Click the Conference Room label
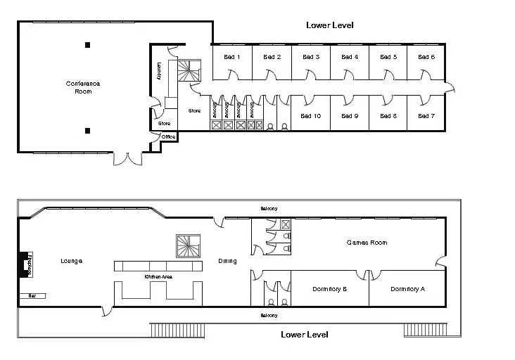(83, 87)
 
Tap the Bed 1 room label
(231, 57)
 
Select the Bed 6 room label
(426, 57)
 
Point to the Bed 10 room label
(310, 116)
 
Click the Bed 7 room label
(426, 116)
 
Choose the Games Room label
(367, 243)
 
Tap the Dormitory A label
(407, 289)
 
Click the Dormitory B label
(329, 289)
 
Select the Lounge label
(72, 261)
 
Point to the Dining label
(227, 261)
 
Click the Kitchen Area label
(158, 277)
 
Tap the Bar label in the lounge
(31, 296)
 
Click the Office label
(168, 136)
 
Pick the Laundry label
(159, 71)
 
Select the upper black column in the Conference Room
(88, 45)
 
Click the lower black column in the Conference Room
(88, 130)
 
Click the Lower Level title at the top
(329, 25)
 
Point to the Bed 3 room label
(310, 57)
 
